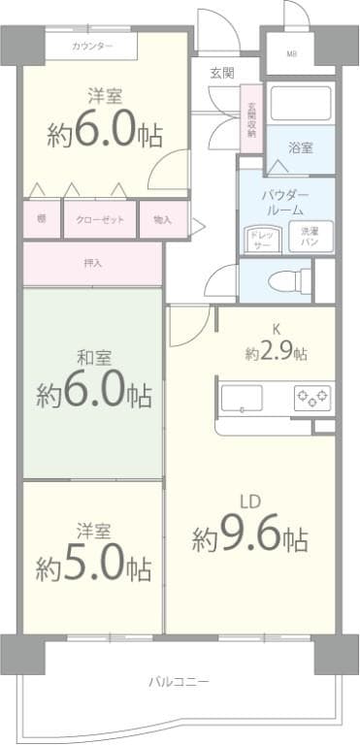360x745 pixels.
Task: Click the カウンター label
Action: point(92,47)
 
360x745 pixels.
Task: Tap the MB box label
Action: point(291,53)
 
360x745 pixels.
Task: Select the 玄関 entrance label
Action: point(221,72)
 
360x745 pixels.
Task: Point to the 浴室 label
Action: point(301,148)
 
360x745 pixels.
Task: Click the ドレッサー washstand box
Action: point(262,239)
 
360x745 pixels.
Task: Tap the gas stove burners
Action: point(312,397)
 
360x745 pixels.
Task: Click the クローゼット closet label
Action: point(100,220)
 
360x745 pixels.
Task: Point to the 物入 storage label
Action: point(162,220)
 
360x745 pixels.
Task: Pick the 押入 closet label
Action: point(92,264)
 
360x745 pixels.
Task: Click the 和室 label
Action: point(93,356)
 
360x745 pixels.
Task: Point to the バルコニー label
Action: point(179,681)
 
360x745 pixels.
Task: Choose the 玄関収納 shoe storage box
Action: point(251,118)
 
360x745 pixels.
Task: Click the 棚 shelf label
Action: point(42,220)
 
